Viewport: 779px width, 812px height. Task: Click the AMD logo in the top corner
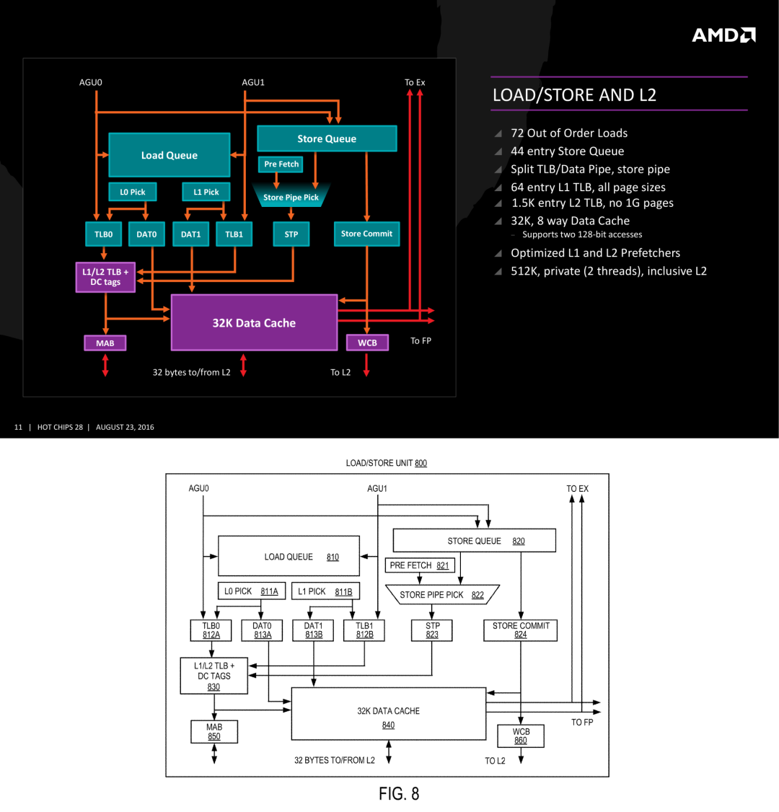coord(723,35)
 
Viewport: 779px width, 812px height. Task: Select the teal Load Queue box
coord(169,155)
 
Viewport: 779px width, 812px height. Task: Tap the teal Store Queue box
coord(327,138)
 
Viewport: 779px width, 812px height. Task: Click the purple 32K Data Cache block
coord(254,322)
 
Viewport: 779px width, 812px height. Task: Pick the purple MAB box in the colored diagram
coord(105,343)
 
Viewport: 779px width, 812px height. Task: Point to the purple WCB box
coord(367,343)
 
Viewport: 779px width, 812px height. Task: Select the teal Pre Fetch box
coord(281,164)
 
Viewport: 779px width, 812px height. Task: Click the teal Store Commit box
coord(366,234)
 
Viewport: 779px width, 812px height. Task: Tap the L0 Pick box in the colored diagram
coord(133,192)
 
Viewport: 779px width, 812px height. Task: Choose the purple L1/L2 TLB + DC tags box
coord(105,277)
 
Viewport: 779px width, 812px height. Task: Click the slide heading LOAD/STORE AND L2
coord(574,95)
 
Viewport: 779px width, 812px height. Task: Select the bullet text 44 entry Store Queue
coord(567,151)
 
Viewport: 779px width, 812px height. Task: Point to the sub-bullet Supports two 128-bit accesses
coord(581,234)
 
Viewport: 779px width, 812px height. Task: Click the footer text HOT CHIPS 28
coord(60,427)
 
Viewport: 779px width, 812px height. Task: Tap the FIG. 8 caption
coord(399,794)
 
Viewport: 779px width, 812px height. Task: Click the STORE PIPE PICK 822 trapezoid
coord(442,595)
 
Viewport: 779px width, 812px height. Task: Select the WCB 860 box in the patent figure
coord(521,736)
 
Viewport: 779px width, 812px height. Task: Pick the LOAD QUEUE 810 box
coord(289,556)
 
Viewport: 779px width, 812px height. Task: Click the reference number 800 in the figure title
coord(421,463)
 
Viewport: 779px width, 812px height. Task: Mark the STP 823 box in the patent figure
coord(432,630)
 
